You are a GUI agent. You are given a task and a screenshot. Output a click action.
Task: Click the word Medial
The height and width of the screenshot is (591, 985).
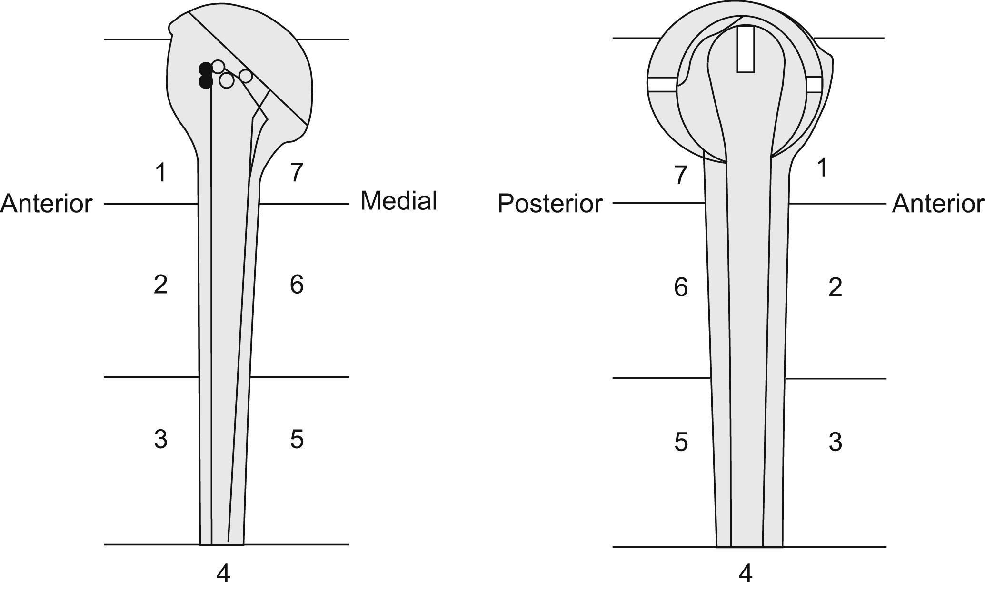tap(398, 201)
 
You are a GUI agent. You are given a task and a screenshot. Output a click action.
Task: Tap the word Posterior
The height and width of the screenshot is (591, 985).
tap(550, 204)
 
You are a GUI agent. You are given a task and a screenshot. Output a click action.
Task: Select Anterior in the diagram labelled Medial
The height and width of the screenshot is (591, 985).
tap(46, 204)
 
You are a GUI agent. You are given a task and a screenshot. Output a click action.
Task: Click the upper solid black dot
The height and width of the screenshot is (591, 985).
tap(205, 69)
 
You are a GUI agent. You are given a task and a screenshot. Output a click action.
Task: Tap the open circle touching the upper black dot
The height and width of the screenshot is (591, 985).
tap(218, 67)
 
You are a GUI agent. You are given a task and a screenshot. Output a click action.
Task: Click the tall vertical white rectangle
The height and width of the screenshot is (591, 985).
tap(746, 49)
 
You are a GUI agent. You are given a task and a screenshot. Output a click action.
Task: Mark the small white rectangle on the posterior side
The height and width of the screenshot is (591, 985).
tap(662, 84)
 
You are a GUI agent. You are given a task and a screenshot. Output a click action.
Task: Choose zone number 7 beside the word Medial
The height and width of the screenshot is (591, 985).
tap(296, 173)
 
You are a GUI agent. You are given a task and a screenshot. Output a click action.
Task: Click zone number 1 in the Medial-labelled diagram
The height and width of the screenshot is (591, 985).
tap(161, 173)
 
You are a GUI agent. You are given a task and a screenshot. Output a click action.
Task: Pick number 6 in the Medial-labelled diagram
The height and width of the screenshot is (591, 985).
tap(296, 285)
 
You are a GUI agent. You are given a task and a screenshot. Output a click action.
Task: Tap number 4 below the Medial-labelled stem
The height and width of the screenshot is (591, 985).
tap(223, 574)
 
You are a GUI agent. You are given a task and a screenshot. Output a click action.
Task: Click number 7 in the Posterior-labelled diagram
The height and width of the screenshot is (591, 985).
tap(681, 176)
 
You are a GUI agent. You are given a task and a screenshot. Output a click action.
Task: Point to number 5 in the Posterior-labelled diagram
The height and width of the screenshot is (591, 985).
tap(681, 442)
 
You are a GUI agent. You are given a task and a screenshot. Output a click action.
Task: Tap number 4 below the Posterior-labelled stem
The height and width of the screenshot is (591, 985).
tap(746, 574)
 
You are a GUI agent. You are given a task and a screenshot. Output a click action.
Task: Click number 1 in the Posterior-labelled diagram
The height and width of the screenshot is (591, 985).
tap(822, 168)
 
